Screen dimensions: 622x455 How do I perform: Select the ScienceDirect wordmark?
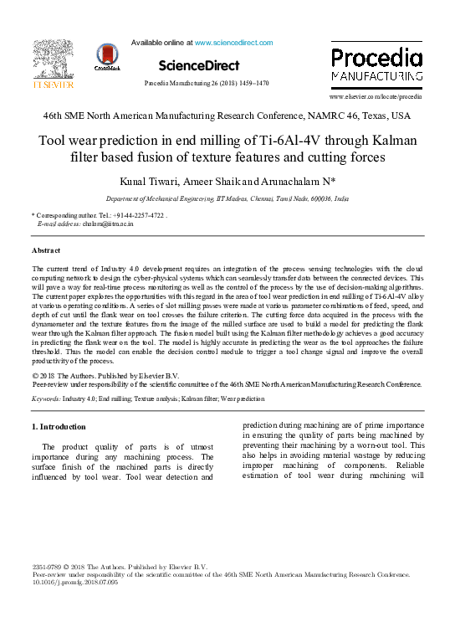click(x=198, y=65)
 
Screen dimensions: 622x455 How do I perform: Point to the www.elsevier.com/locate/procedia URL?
click(x=376, y=97)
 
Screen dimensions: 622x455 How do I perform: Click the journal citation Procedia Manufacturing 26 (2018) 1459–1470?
click(x=207, y=84)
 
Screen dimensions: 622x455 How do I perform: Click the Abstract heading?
click(x=46, y=250)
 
